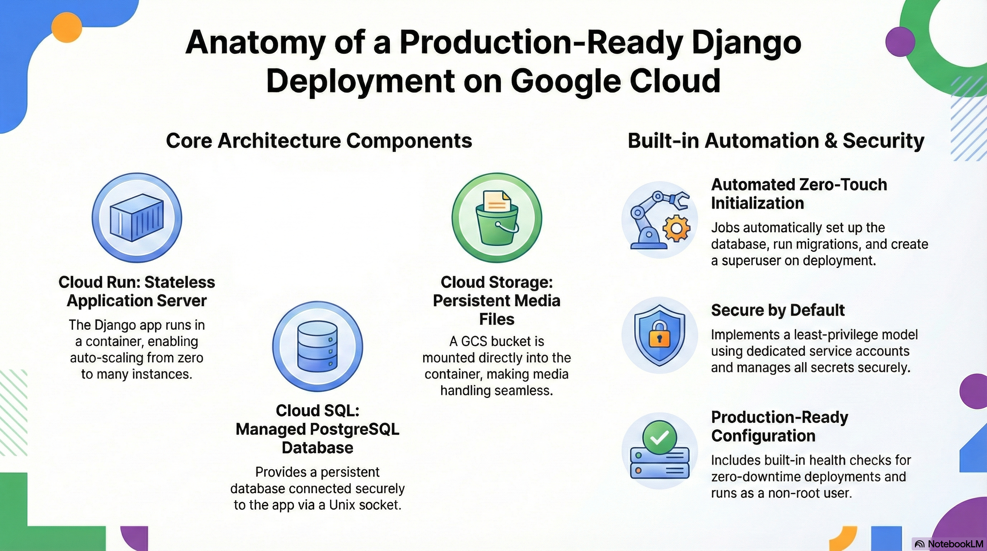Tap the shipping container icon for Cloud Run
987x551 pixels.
click(136, 218)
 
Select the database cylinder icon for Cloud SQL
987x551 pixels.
click(317, 347)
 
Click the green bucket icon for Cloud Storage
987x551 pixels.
click(497, 226)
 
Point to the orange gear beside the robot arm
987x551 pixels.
click(676, 229)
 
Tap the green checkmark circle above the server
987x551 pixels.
click(660, 437)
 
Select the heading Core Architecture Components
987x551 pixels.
click(319, 141)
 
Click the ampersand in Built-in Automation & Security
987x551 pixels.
click(830, 141)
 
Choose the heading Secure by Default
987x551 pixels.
click(778, 310)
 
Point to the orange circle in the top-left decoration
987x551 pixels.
click(67, 27)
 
